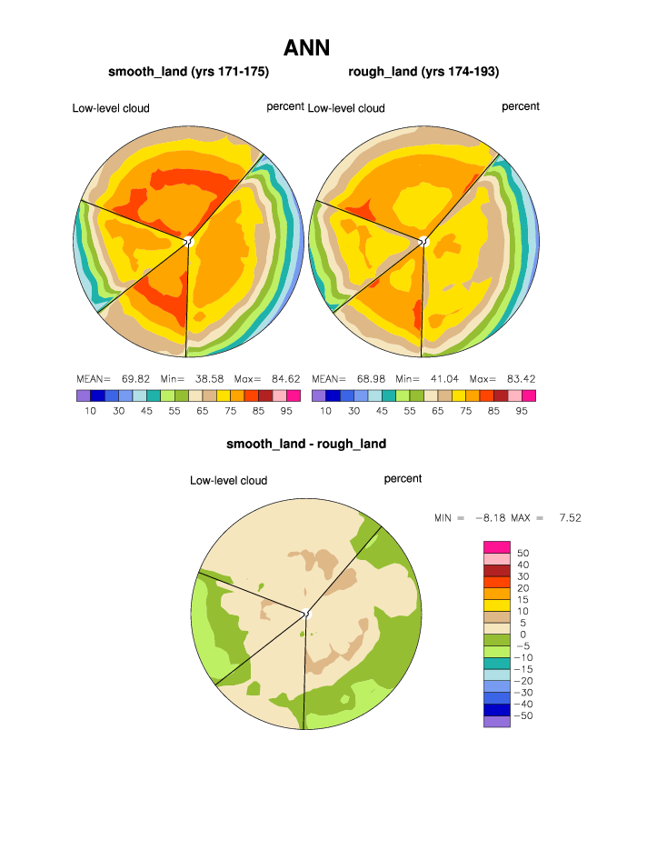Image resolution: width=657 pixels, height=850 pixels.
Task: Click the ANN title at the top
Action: click(x=306, y=47)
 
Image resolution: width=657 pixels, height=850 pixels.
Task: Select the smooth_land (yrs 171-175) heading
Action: click(x=189, y=71)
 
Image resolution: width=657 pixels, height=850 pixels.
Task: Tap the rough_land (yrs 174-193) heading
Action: click(x=423, y=71)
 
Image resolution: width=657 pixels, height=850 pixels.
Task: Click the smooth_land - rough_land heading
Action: click(x=306, y=444)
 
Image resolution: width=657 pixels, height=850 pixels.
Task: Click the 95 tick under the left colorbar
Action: click(x=286, y=411)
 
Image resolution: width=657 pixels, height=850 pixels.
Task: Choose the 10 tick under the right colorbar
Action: click(x=325, y=411)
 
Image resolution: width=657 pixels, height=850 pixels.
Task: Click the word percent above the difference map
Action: click(x=403, y=478)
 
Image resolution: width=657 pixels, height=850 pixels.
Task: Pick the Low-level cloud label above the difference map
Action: click(x=228, y=480)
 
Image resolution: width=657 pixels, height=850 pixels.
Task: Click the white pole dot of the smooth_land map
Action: click(x=188, y=241)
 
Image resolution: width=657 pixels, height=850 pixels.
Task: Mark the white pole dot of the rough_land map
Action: click(x=423, y=241)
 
